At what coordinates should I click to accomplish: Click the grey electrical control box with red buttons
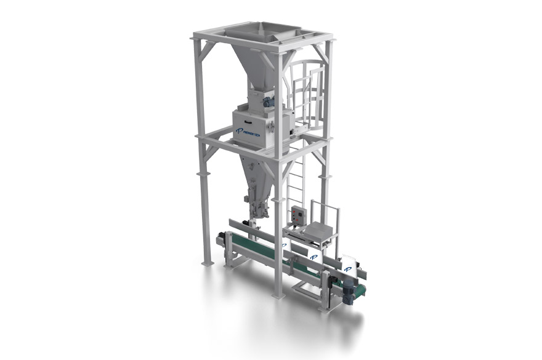tap(300, 215)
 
